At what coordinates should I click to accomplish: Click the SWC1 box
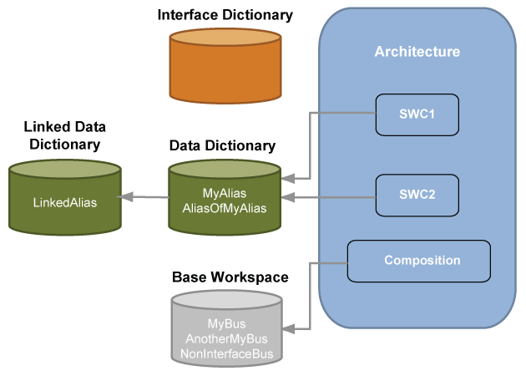pyautogui.click(x=417, y=114)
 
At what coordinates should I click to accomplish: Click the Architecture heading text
pyautogui.click(x=417, y=52)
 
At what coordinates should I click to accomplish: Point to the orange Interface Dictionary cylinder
pyautogui.click(x=225, y=72)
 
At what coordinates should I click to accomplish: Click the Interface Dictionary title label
pyautogui.click(x=225, y=15)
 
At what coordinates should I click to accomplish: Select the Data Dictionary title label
pyautogui.click(x=222, y=145)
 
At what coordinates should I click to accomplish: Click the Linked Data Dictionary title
pyautogui.click(x=65, y=135)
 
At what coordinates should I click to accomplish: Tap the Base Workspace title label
pyautogui.click(x=230, y=277)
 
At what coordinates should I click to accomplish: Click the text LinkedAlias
pyautogui.click(x=65, y=202)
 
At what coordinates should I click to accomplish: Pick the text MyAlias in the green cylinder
pyautogui.click(x=224, y=193)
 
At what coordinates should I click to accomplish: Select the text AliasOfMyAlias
pyautogui.click(x=224, y=208)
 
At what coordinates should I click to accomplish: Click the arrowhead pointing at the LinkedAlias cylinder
pyautogui.click(x=125, y=197)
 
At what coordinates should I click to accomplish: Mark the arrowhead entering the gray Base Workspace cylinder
pyautogui.click(x=288, y=330)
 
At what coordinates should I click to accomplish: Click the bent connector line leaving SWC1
pyautogui.click(x=311, y=146)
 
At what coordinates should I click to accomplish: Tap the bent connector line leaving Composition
pyautogui.click(x=311, y=297)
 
